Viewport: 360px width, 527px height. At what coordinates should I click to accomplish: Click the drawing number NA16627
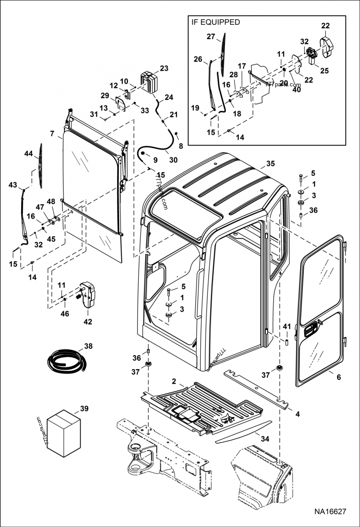[330, 512]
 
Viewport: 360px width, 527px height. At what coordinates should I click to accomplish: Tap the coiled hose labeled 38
[67, 361]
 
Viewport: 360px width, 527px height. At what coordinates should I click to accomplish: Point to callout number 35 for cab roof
[270, 163]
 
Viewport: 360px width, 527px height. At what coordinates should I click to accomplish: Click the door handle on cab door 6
[310, 332]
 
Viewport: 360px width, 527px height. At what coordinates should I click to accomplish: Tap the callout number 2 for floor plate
[174, 381]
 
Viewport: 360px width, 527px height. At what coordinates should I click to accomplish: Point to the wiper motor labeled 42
[88, 295]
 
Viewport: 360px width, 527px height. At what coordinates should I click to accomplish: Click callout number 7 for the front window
[53, 134]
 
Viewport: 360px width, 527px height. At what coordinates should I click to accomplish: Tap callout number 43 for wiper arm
[13, 185]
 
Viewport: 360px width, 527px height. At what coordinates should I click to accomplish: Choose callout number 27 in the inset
[211, 36]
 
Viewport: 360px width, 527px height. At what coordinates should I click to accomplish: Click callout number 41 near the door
[287, 326]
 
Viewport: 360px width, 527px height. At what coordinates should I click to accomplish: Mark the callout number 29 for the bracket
[105, 96]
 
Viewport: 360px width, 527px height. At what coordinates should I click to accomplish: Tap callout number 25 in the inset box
[324, 70]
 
